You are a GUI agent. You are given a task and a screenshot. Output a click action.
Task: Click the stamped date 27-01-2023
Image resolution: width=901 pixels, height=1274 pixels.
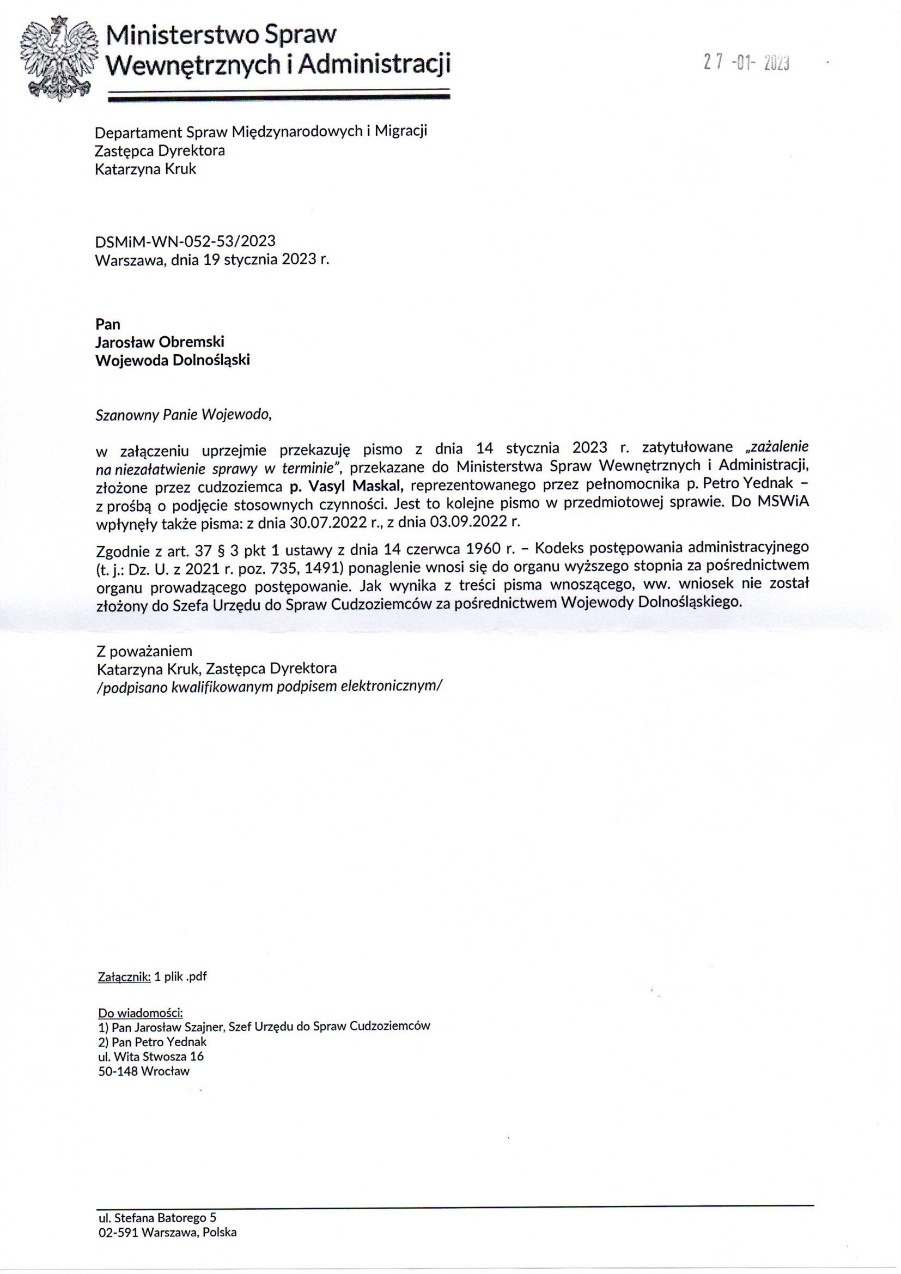coord(746,63)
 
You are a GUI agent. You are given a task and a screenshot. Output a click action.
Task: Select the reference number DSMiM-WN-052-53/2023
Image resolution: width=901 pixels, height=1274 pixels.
coord(185,241)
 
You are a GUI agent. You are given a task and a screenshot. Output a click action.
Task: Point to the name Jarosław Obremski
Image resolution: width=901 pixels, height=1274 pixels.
coord(160,342)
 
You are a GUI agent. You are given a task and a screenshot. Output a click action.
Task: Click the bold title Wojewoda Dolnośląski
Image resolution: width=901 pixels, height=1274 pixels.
coord(173,360)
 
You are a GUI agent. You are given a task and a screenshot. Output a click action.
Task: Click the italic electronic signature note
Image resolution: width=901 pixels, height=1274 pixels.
coord(269,687)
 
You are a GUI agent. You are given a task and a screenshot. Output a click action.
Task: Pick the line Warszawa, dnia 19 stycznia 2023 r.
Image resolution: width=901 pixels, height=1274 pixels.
coord(212,260)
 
